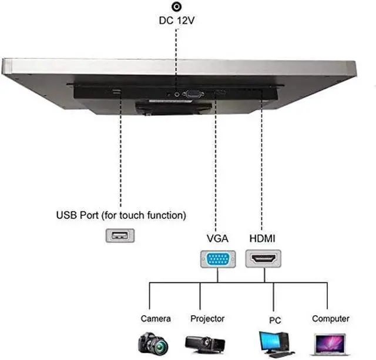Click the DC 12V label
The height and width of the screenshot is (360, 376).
176,21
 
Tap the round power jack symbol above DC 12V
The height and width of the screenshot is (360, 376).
177,6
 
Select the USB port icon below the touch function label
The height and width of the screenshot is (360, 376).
120,235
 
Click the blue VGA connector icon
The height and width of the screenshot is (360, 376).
218,259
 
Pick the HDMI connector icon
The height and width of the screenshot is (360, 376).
263,259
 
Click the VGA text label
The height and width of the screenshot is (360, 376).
217,238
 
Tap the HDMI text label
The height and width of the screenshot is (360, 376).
263,238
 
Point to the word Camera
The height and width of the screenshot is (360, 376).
156,319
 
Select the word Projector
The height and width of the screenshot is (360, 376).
207,319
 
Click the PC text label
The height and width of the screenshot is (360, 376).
275,320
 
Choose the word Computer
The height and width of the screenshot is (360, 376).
331,319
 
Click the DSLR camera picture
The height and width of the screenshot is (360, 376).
153,343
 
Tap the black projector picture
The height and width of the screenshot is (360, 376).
205,345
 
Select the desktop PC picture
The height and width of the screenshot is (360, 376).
276,344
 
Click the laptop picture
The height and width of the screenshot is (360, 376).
330,345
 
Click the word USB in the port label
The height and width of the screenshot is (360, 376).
66,215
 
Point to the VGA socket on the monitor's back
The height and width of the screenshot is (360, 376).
193,94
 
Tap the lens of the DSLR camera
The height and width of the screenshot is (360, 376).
160,346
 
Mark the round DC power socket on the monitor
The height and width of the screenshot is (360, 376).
177,94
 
